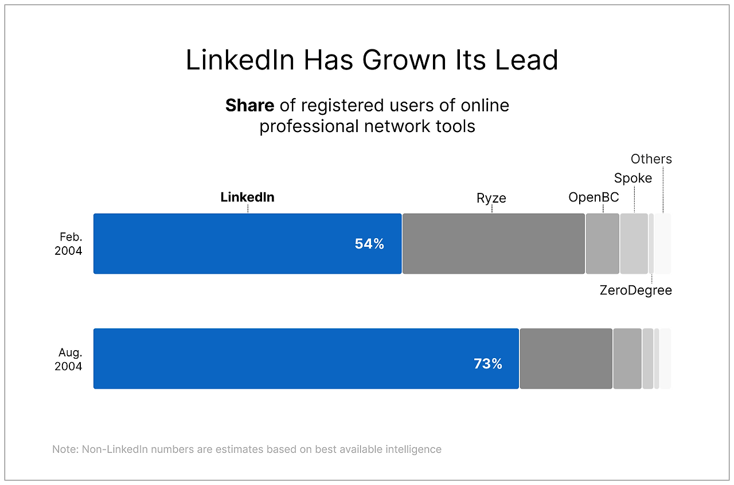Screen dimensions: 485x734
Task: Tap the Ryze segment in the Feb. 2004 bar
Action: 493,243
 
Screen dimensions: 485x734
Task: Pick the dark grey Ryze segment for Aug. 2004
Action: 566,358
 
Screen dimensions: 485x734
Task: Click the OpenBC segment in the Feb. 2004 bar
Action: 602,243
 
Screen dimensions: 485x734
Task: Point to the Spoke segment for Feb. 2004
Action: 634,243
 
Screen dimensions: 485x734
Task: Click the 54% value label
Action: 369,244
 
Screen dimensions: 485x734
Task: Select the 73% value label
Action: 488,363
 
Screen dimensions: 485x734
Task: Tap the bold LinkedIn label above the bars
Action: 247,197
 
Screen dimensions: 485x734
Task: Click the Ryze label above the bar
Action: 491,199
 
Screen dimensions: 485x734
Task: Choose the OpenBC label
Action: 594,197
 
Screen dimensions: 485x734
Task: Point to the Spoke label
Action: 633,178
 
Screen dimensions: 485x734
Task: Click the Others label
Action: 651,159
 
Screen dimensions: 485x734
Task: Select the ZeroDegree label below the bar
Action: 635,290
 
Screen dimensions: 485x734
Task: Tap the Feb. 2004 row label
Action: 69,243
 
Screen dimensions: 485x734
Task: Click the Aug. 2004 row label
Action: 69,359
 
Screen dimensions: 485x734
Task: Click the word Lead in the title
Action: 527,60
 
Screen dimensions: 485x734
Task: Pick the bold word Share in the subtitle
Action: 249,106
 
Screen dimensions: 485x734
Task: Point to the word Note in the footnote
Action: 64,449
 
